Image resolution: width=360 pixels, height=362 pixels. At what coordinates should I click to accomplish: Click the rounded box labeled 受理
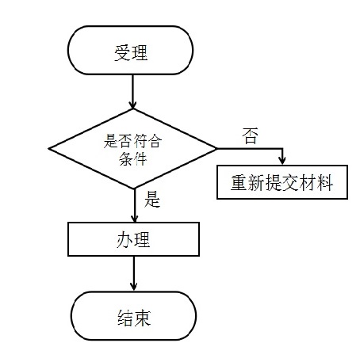(132, 53)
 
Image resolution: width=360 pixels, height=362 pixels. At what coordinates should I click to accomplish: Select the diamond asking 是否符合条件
(132, 148)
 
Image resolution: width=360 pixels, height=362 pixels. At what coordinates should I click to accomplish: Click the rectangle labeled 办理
(132, 238)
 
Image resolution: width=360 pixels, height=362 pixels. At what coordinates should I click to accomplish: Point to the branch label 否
(251, 135)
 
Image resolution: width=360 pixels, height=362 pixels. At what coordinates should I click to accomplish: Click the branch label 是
(153, 200)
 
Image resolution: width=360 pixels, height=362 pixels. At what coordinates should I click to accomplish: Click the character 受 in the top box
(122, 53)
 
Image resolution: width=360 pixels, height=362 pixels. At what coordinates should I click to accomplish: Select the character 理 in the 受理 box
(141, 53)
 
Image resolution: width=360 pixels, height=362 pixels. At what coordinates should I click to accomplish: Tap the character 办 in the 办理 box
(123, 238)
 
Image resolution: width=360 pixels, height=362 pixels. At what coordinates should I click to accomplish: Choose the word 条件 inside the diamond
(132, 157)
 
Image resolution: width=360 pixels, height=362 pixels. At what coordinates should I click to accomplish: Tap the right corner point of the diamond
(216, 148)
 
